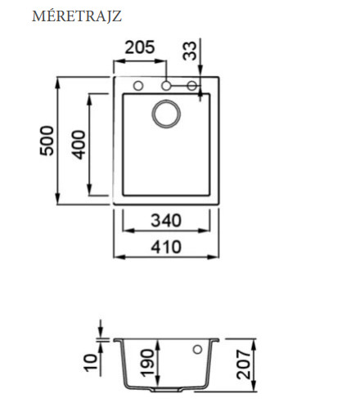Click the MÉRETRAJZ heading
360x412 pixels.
pos(77,16)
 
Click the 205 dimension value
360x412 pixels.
pos(140,47)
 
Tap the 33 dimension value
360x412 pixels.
pos(190,51)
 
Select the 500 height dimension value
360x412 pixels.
pos(47,141)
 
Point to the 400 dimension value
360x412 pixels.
pos(79,145)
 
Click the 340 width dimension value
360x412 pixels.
pos(166,221)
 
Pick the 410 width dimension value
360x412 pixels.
pos(166,247)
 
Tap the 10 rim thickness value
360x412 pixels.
pos(91,363)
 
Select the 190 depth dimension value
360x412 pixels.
pos(148,363)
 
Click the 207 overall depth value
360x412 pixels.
pos(244,365)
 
